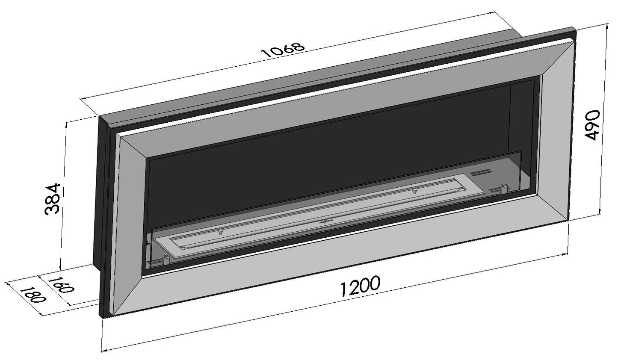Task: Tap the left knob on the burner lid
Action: pos(221,232)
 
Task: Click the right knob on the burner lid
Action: pos(414,191)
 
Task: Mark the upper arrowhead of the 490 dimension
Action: pos(608,26)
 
